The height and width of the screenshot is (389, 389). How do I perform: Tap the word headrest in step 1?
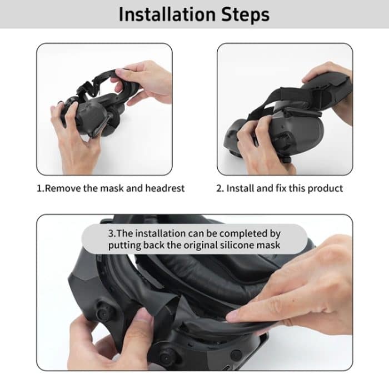tap(164, 188)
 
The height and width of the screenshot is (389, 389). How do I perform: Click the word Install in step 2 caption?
tap(241, 188)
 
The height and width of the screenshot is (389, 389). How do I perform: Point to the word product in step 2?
tap(325, 188)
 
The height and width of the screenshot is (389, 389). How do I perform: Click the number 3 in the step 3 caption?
tap(111, 232)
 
